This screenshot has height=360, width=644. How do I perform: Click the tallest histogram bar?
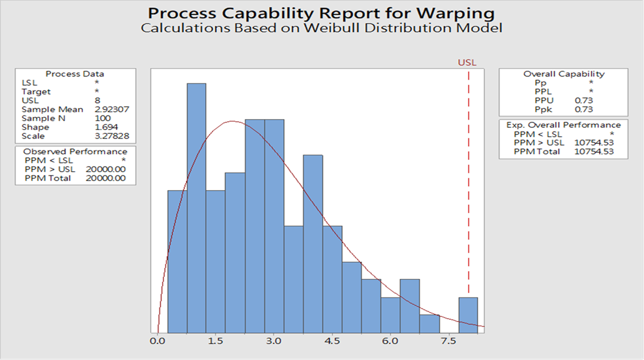pos(197,207)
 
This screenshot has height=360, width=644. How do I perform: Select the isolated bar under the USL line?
pos(468,314)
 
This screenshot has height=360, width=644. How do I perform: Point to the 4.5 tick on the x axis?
pos(333,341)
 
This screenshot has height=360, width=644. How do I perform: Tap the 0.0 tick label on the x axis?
pos(158,341)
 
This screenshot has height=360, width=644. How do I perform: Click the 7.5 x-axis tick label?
pos(449,341)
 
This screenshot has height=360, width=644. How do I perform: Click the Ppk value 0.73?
pos(584,110)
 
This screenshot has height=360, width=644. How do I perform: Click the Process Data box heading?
pos(75,74)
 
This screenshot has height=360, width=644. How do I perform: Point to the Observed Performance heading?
pos(75,152)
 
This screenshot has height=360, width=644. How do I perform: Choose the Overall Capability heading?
pos(563,74)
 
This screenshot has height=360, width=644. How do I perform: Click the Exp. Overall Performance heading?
pos(563,125)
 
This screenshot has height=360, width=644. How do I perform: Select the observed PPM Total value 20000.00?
pos(106,178)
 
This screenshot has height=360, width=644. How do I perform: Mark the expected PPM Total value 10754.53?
pos(594,152)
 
